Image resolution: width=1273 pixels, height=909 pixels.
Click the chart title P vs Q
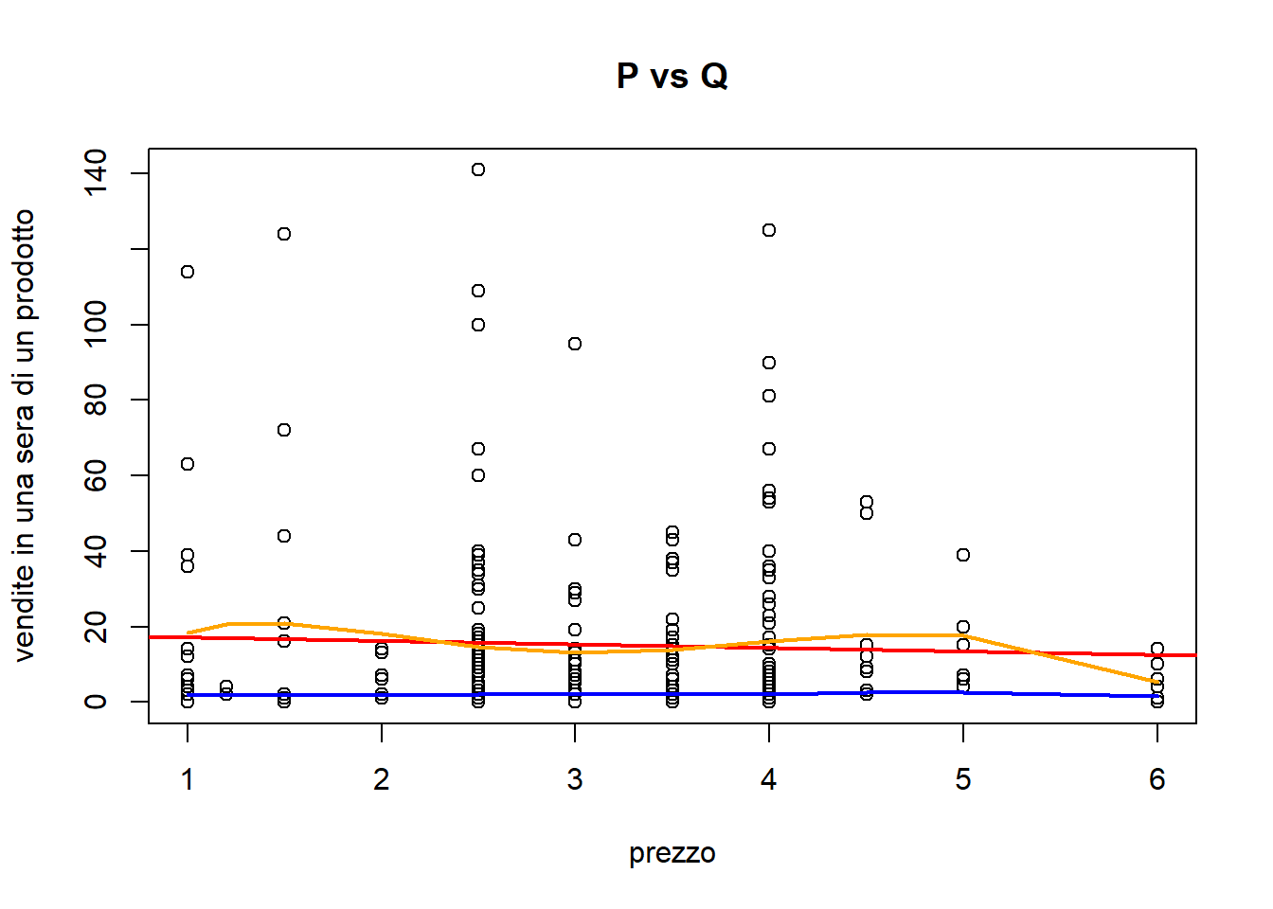point(672,76)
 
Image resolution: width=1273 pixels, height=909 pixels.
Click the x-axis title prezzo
point(672,853)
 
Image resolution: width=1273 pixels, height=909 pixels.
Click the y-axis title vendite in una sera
point(25,436)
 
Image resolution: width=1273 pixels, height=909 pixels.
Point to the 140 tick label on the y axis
point(96,172)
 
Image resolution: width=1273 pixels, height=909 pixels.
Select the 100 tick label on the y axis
point(96,324)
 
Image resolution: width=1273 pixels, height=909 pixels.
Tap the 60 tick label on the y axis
point(96,475)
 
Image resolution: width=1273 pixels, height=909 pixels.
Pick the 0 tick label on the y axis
point(96,702)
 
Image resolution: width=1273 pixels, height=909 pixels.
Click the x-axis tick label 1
point(188,779)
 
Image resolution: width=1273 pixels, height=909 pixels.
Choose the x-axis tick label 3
point(575,779)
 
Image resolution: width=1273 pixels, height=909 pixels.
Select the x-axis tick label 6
point(1156,779)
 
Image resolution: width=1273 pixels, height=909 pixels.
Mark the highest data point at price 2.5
point(478,169)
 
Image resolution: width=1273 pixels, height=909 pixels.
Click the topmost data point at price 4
point(769,230)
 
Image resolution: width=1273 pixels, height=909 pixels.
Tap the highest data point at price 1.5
point(284,234)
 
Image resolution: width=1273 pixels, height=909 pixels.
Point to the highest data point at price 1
point(188,272)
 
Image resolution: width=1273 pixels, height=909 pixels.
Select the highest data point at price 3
point(575,344)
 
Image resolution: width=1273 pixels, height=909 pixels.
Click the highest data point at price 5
point(963,555)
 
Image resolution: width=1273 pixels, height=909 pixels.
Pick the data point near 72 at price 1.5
point(284,430)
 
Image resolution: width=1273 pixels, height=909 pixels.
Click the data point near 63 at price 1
point(188,464)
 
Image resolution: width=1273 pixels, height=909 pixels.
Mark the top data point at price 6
point(1156,649)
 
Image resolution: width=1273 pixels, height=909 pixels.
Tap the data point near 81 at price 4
point(769,396)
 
